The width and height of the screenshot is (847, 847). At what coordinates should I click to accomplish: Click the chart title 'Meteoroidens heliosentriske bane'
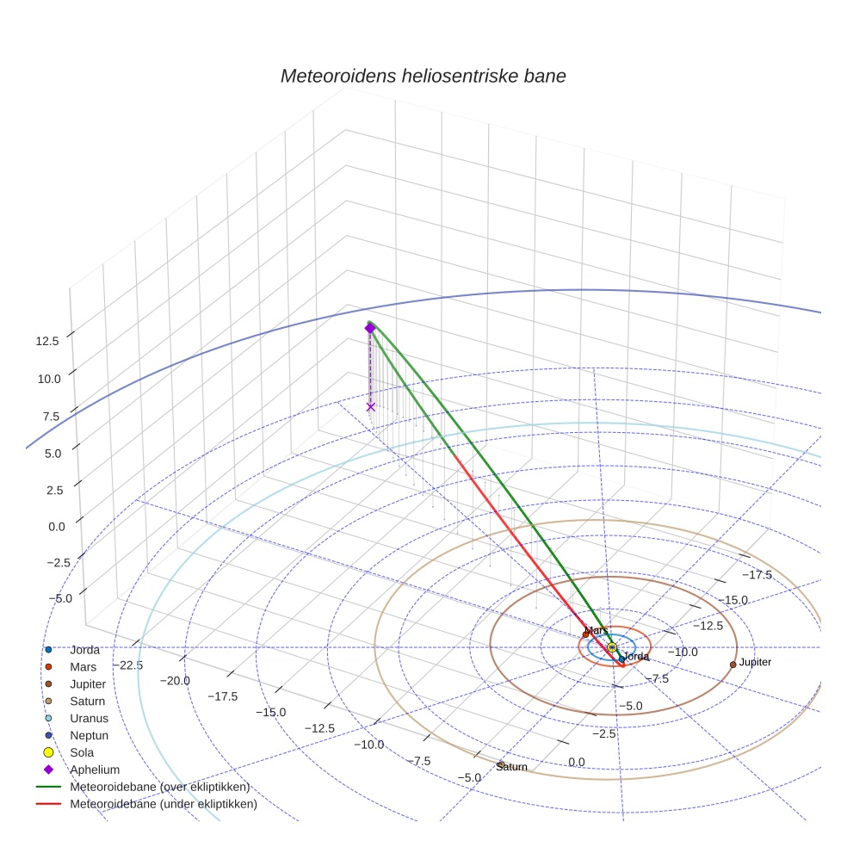click(423, 76)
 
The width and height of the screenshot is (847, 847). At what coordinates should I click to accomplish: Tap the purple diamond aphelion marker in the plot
click(370, 328)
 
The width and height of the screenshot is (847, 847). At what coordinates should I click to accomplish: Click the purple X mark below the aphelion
click(370, 406)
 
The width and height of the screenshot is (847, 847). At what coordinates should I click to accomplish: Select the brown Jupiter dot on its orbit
click(733, 664)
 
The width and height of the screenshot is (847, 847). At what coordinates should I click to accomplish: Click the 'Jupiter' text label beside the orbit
click(755, 662)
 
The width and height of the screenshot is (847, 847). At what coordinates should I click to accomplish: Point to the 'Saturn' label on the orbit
click(511, 766)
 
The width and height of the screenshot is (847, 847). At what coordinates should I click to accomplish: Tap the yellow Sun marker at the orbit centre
click(612, 647)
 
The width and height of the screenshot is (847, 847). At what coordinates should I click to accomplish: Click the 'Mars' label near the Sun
click(597, 630)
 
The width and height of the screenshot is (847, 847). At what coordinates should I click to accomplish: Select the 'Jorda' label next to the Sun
click(635, 657)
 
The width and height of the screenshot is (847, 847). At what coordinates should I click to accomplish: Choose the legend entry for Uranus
click(89, 718)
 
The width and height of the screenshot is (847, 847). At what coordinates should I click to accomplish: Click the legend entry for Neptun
click(89, 735)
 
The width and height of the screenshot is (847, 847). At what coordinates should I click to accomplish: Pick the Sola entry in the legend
click(83, 752)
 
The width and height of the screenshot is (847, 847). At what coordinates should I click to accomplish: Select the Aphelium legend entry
click(95, 770)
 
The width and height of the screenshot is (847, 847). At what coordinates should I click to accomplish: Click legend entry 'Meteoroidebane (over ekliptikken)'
click(159, 787)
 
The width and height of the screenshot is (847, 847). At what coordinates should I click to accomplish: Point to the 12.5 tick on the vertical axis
click(47, 341)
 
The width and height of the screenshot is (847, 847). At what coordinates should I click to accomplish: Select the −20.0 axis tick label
click(174, 681)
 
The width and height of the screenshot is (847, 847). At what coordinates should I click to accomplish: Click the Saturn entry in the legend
click(88, 701)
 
